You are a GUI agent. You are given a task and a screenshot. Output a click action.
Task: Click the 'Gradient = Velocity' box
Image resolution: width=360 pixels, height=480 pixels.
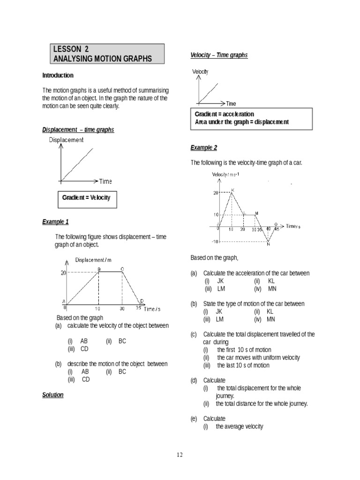(x=86, y=197)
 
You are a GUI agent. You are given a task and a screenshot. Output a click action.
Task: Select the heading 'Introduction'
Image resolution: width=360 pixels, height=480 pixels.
(x=58, y=75)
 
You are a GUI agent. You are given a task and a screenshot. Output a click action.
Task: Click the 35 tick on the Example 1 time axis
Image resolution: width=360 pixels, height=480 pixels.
(x=139, y=308)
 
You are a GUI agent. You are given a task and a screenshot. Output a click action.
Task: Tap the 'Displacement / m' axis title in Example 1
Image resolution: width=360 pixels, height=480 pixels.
(x=94, y=260)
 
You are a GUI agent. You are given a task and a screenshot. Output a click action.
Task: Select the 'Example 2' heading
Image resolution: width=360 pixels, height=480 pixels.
(x=203, y=148)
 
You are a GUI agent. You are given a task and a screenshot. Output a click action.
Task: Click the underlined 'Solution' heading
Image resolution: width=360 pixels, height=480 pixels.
(x=52, y=395)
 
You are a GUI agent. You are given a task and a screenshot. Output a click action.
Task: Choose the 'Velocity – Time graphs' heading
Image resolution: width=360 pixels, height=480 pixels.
(x=218, y=55)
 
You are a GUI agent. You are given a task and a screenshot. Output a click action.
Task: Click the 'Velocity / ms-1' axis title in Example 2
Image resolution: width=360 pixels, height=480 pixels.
(x=225, y=175)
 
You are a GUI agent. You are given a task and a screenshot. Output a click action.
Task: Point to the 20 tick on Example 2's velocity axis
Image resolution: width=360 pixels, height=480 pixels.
(x=216, y=193)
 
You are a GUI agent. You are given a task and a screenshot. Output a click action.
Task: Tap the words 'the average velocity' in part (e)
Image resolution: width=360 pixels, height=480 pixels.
(x=240, y=427)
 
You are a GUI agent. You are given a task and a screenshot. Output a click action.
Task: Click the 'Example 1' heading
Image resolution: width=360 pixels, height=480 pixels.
(x=55, y=222)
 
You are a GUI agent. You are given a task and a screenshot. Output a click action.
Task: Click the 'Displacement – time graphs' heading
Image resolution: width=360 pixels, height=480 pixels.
(x=78, y=130)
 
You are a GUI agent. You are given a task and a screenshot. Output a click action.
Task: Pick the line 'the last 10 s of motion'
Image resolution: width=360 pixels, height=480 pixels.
(x=243, y=365)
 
